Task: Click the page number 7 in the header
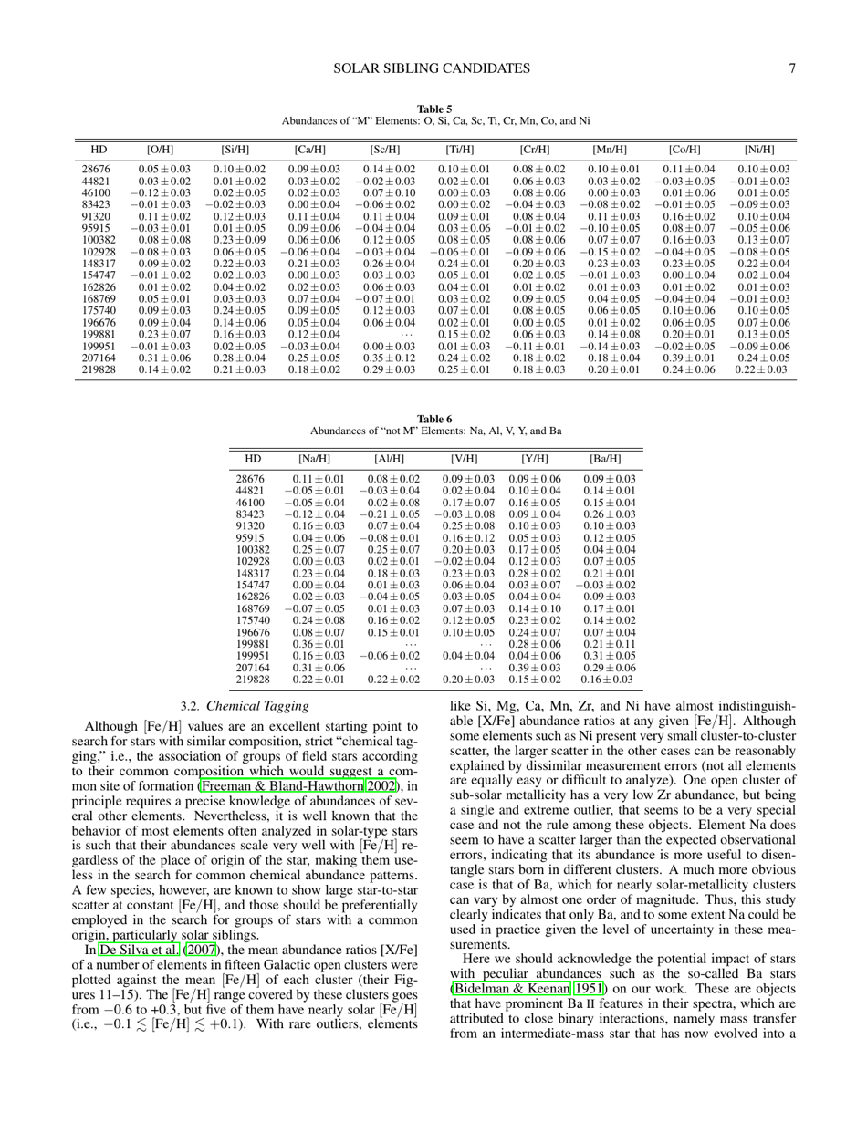click(x=794, y=68)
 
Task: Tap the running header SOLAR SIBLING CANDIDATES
click(x=432, y=68)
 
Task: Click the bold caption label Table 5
click(x=434, y=109)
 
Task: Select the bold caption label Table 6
click(x=434, y=419)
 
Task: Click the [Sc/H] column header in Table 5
click(x=384, y=150)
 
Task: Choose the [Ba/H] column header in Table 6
click(x=605, y=458)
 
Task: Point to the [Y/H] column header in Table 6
click(x=534, y=458)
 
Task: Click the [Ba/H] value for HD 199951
click(x=607, y=655)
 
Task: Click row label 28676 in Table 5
click(x=96, y=169)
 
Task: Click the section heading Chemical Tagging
click(x=257, y=706)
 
